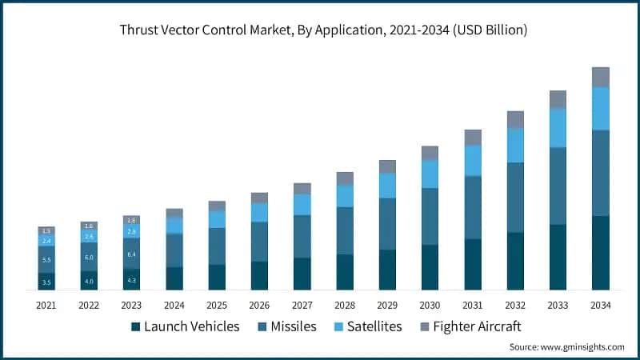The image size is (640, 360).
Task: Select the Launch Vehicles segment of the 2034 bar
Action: coord(601,253)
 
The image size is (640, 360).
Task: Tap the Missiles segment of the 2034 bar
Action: coord(601,173)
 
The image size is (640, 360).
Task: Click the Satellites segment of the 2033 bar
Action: coord(558,128)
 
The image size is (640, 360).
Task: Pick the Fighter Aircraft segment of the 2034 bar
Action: coord(601,77)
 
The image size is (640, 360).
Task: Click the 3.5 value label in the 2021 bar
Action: coord(46,282)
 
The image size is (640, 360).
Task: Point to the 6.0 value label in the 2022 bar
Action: coord(89,257)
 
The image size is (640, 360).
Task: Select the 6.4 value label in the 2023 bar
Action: coord(132,254)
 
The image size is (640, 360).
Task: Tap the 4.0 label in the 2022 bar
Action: coord(89,282)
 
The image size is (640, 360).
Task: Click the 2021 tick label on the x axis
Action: coord(46,305)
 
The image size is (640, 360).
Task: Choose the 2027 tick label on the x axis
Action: coord(302,305)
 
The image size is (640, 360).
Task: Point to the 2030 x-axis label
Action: coord(430,305)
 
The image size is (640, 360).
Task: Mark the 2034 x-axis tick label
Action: coord(601,305)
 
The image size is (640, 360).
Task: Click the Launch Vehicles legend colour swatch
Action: coord(136,326)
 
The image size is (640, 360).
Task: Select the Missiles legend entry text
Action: coord(293,326)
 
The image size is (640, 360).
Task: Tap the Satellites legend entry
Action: coord(373,326)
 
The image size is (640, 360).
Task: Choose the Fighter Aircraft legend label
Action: coord(476,326)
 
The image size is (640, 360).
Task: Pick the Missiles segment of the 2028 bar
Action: coord(345,231)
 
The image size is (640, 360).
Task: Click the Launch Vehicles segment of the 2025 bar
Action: coord(217,277)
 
